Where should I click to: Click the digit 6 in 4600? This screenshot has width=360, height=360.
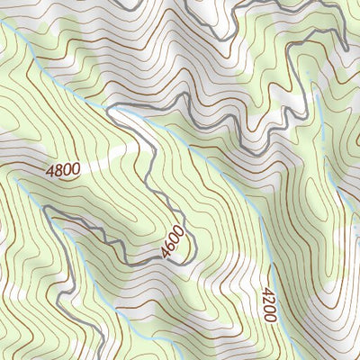pyautogui.click(x=172, y=245)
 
